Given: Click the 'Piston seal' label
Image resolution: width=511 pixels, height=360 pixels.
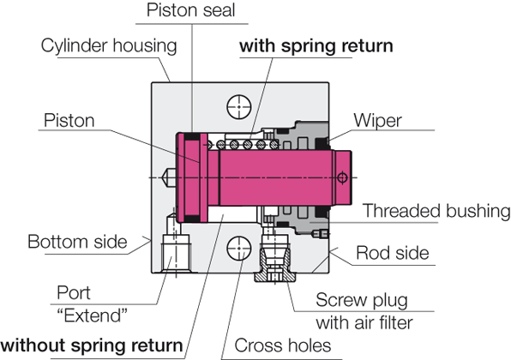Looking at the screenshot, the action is pyautogui.click(x=190, y=10).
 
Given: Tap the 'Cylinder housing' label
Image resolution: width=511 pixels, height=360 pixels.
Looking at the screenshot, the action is pyautogui.click(x=109, y=45).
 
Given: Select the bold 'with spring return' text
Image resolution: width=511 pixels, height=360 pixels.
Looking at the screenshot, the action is pyautogui.click(x=316, y=46).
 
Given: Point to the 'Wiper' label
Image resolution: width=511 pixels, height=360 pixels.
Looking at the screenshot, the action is pyautogui.click(x=378, y=121).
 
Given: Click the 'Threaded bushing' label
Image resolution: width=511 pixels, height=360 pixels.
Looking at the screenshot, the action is pyautogui.click(x=436, y=211).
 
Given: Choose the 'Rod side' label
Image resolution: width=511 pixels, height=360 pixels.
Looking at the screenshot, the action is pyautogui.click(x=393, y=253).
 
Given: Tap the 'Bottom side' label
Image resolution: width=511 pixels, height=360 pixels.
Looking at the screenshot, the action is pyautogui.click(x=77, y=242).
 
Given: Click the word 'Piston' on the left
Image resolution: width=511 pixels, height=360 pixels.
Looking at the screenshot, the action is pyautogui.click(x=69, y=121).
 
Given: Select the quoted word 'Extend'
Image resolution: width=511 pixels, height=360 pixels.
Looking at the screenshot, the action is pyautogui.click(x=93, y=315).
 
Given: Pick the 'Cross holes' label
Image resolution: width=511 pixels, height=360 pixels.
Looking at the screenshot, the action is pyautogui.click(x=283, y=345).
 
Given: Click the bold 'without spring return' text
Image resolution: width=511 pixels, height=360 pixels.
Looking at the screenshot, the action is pyautogui.click(x=92, y=345).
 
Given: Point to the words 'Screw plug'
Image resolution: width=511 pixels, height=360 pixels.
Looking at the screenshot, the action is pyautogui.click(x=362, y=300).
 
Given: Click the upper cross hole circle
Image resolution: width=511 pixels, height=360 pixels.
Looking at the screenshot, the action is pyautogui.click(x=239, y=107).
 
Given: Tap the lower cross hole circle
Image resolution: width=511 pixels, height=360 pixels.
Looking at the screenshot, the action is pyautogui.click(x=239, y=249).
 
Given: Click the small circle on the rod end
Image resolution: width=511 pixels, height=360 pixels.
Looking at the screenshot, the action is pyautogui.click(x=342, y=177).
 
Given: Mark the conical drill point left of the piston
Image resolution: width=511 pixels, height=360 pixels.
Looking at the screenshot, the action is pyautogui.click(x=169, y=177).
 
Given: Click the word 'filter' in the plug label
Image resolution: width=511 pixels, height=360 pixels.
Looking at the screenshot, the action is pyautogui.click(x=392, y=323).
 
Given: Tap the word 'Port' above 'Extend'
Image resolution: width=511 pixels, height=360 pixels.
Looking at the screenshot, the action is pyautogui.click(x=74, y=292).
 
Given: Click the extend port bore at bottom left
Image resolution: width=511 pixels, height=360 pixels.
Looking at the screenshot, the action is pyautogui.click(x=176, y=253).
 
